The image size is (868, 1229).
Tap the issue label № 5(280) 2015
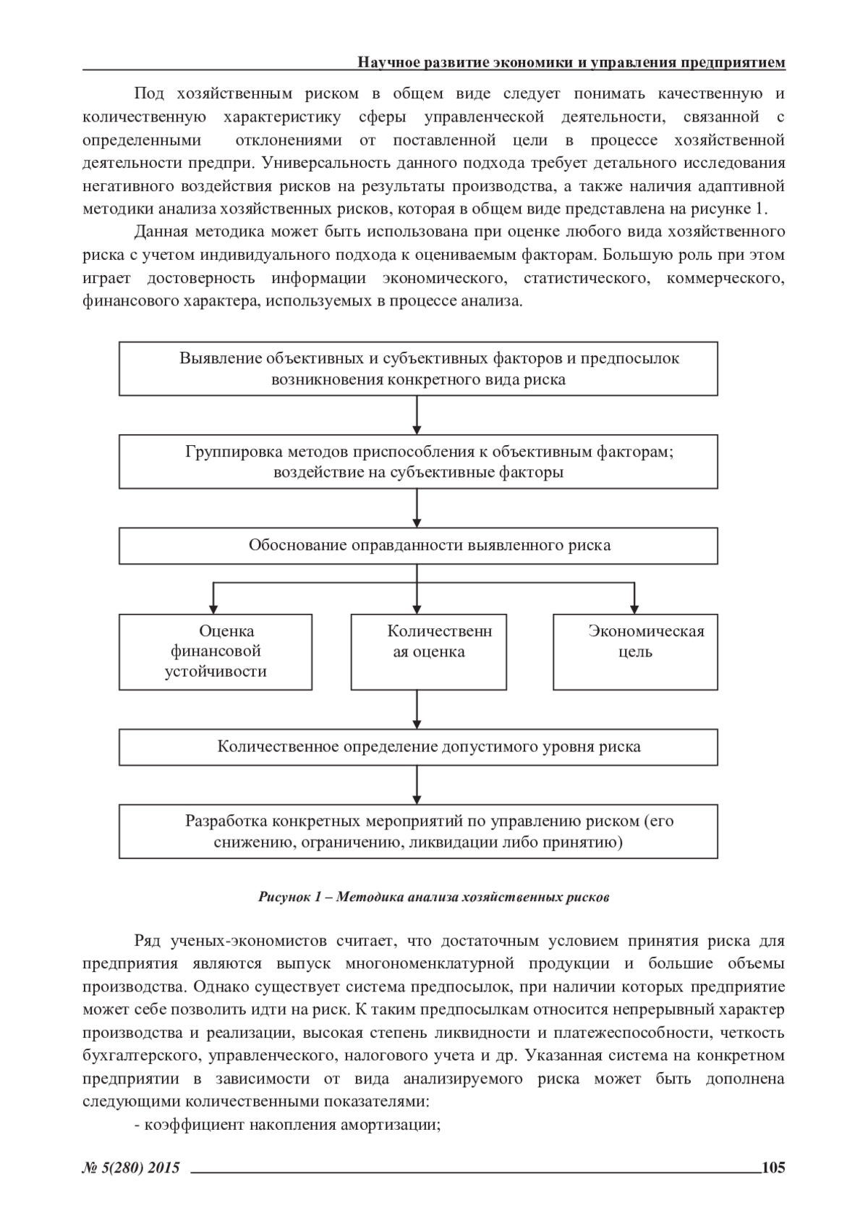131,1167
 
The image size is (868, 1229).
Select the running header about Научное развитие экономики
571,63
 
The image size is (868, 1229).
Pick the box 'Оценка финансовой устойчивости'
216,651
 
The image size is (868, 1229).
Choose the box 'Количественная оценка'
428,651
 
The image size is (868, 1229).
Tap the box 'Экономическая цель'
635,651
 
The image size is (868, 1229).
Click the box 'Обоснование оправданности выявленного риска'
418,546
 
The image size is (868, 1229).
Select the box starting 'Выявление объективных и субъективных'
418,368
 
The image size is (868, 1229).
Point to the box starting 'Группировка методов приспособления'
418,462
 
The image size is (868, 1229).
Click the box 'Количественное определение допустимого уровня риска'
418,747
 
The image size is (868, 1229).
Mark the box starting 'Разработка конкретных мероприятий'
418,832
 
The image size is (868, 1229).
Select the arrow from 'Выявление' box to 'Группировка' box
417,415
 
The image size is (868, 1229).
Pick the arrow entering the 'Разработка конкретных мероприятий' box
417,785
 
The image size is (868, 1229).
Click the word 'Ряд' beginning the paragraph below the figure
148,941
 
